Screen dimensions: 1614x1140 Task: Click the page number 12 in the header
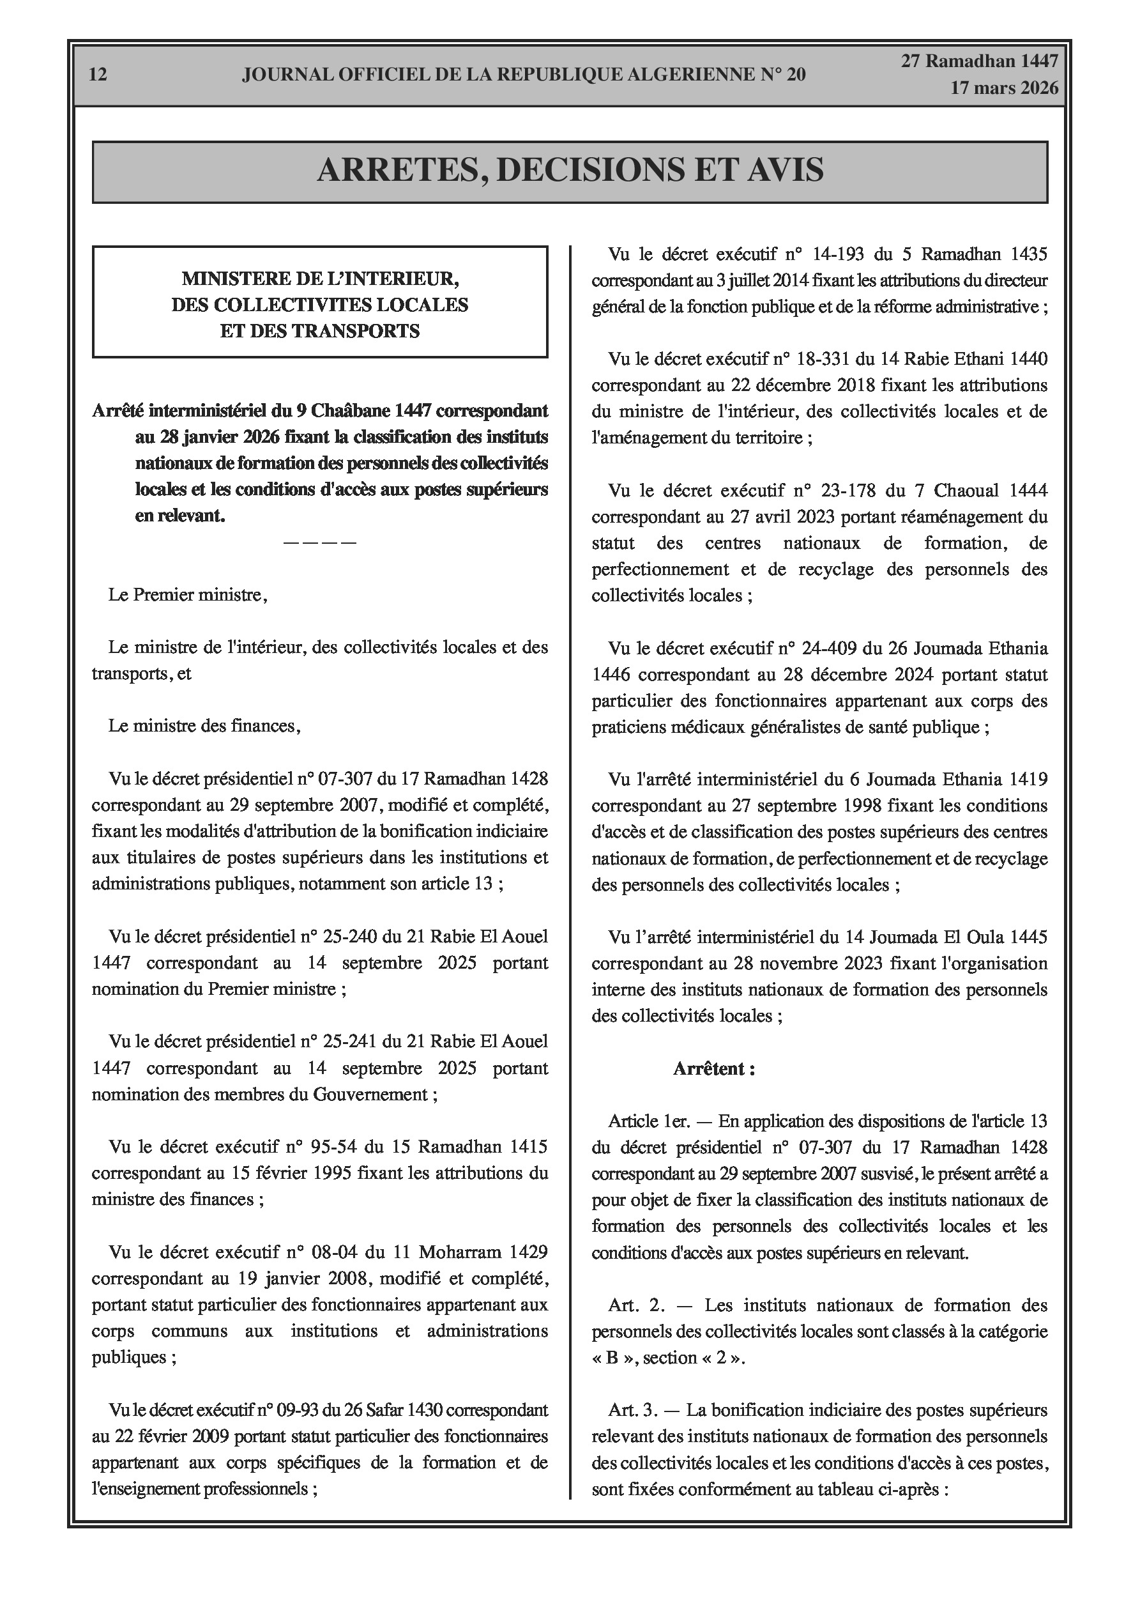tap(98, 75)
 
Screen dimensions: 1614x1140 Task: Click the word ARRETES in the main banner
tap(400, 170)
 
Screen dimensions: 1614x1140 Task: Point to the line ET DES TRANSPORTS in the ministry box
tap(320, 331)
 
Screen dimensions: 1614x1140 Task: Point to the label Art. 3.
tap(634, 1410)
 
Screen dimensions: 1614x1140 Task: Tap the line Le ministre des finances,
tap(204, 726)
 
